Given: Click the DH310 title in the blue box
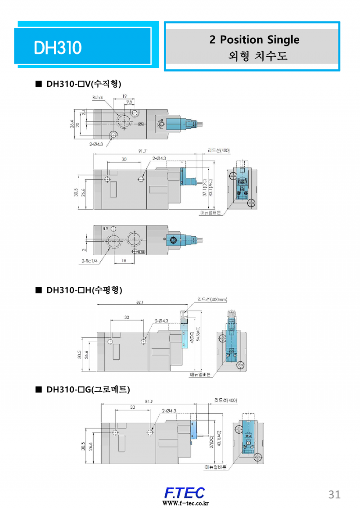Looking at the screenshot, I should pos(57,47).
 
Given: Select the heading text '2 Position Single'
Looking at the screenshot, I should pos(254,40).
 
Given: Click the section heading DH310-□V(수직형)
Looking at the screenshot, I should pos(84,84).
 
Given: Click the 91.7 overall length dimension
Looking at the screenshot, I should pos(142,151).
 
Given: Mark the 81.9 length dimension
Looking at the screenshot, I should pos(149,401).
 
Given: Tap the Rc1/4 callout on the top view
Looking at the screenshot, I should pos(97,97).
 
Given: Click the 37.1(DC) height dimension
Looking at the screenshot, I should pos(204,188).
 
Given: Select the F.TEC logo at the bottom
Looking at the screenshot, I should pos(184,492).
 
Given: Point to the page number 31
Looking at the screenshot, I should pos(334,494).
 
